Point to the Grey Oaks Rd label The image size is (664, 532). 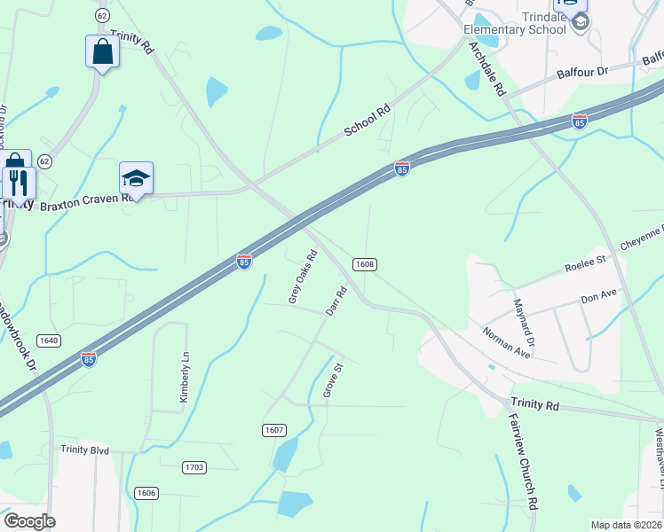[303, 277]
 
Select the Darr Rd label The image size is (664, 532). [336, 301]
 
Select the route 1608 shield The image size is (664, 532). [364, 264]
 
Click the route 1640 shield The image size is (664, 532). [49, 340]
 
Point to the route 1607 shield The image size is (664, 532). [274, 430]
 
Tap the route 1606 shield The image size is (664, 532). [146, 492]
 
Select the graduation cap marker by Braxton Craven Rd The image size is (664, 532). [137, 178]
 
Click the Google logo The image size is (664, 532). [29, 521]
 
